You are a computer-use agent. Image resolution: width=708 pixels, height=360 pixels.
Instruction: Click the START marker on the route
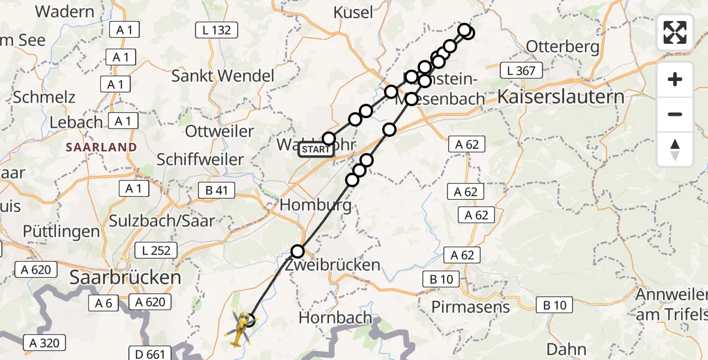point(316,149)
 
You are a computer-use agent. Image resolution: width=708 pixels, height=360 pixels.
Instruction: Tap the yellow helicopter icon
point(239,329)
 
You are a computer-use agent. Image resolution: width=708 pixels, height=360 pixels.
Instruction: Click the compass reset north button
point(675,149)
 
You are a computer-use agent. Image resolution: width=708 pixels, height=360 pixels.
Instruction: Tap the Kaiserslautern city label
point(560,97)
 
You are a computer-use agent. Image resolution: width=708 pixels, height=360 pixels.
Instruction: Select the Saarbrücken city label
point(125,277)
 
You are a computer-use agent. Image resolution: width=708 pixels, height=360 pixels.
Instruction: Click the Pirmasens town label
point(470,307)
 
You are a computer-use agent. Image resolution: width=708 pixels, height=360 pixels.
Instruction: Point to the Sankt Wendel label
point(223,76)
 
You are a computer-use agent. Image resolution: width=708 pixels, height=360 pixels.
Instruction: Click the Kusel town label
point(352,11)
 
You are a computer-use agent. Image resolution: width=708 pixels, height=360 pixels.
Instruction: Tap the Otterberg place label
point(562,46)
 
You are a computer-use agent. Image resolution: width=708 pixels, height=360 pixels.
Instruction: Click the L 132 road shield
point(217,29)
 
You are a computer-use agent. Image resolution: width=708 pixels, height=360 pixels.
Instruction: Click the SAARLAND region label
point(101,147)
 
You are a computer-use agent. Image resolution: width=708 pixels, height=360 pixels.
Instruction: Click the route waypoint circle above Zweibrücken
point(298,251)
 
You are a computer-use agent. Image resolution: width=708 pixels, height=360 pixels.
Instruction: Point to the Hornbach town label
point(335,317)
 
